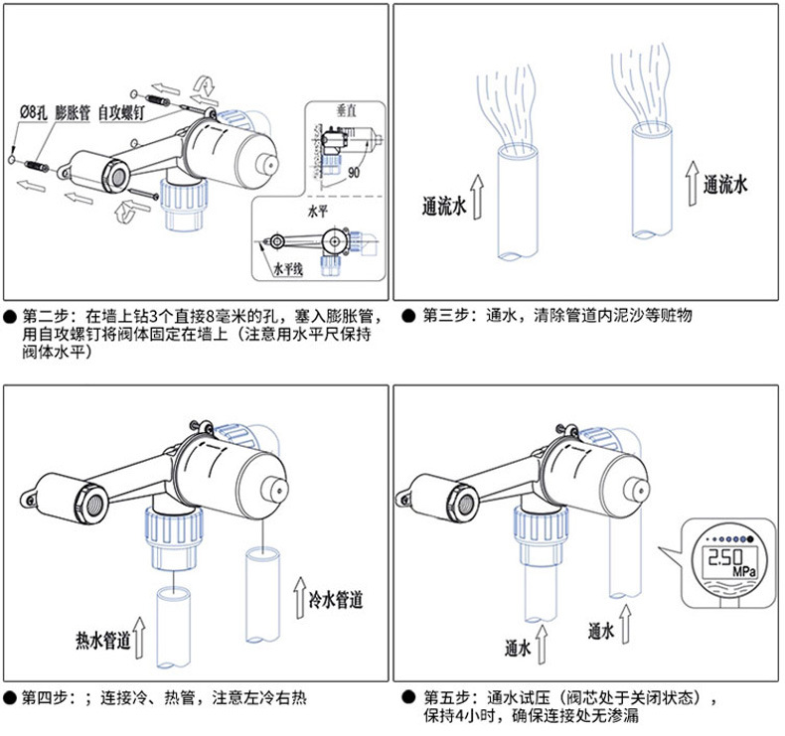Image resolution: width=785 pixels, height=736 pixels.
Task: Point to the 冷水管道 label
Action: (x=336, y=600)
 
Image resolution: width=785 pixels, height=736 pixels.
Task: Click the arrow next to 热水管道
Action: (x=141, y=639)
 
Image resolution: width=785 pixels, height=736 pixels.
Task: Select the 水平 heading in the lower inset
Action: (x=317, y=212)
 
